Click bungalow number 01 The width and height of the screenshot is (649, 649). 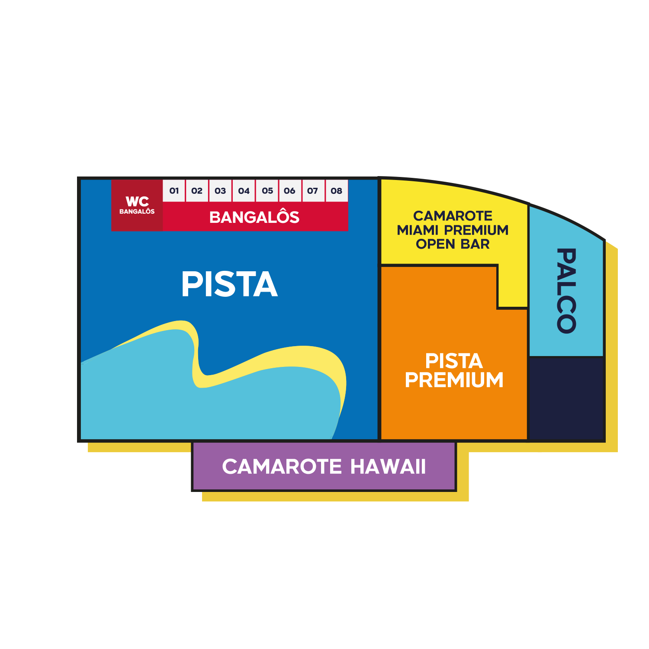174,191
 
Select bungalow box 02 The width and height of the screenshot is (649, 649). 197,191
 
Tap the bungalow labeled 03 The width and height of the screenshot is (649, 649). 220,191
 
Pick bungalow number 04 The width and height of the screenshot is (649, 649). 244,191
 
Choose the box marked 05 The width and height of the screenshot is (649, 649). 267,191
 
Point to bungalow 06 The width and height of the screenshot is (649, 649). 289,191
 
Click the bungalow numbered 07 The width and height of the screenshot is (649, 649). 312,191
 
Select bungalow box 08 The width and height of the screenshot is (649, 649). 336,191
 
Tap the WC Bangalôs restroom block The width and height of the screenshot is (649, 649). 137,206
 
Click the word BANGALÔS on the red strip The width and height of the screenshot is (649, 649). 254,217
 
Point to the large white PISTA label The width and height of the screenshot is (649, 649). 229,284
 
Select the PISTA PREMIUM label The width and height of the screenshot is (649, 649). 454,371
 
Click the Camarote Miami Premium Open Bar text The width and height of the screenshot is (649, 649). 453,230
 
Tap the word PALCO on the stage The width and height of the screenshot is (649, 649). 566,290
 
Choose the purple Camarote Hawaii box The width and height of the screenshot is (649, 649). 324,466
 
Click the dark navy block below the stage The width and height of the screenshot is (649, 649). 566,398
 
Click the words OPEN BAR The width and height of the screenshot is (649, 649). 453,244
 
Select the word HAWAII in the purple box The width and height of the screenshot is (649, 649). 388,466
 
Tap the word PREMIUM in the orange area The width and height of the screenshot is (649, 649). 454,380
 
